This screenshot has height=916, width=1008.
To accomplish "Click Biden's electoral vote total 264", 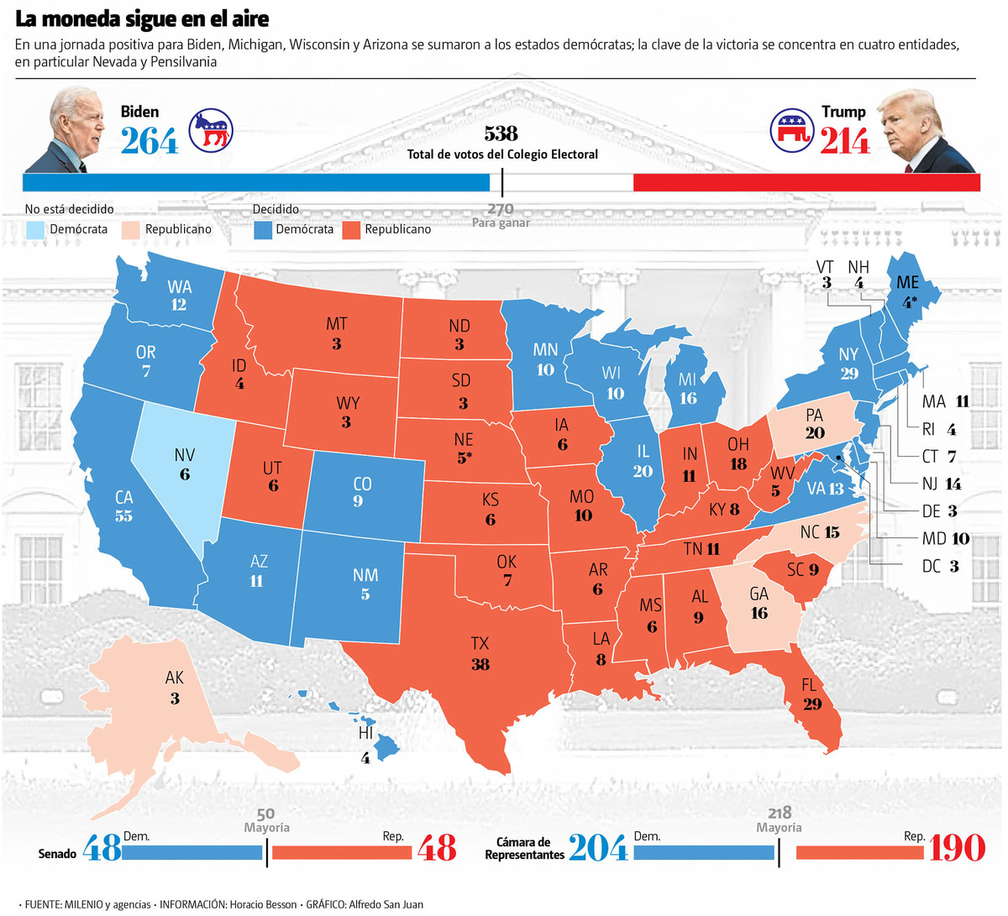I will (150, 141).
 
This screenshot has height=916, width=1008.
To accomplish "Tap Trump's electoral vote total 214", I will (844, 141).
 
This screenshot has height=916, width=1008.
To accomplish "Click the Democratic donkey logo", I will (210, 130).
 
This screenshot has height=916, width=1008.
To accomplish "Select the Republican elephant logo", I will (792, 130).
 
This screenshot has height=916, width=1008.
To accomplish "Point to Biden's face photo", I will (78, 126).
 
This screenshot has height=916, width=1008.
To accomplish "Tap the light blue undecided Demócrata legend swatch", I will (34, 229).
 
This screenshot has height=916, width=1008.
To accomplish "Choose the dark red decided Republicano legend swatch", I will (351, 229).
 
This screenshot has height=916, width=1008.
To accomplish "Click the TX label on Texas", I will (480, 644).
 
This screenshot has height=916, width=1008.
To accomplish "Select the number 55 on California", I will (123, 516).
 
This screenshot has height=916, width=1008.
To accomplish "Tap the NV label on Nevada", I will (185, 455).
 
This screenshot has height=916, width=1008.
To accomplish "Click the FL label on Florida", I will (809, 685).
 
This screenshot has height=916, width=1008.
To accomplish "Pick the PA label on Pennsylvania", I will (813, 415).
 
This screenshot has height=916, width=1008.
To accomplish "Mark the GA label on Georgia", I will (759, 594).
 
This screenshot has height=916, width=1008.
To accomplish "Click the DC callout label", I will (931, 567).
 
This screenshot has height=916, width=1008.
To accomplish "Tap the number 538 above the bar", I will (501, 134).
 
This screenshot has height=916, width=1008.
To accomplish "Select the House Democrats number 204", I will (598, 848).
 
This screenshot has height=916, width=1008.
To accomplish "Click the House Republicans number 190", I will (956, 848).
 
